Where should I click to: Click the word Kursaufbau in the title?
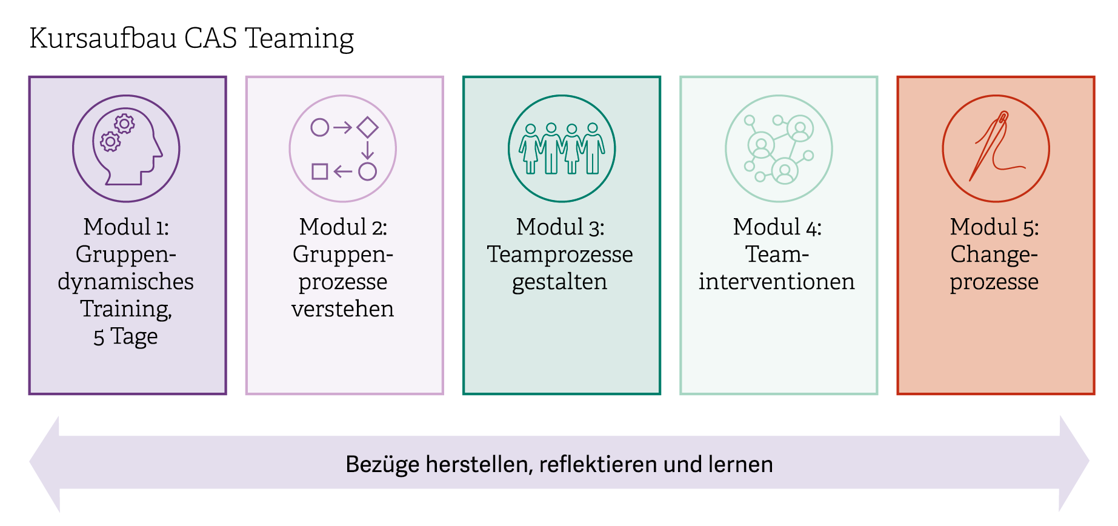[x=102, y=38]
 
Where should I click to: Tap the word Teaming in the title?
[x=299, y=39]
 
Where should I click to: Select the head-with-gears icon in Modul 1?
[x=126, y=148]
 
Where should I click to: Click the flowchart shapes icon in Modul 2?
[x=343, y=148]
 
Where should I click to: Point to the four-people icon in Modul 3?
[x=562, y=148]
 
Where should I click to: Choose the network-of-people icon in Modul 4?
[x=779, y=148]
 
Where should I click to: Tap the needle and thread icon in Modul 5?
[x=996, y=148]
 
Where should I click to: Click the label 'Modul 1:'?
[x=126, y=227]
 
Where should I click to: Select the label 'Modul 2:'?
[x=343, y=227]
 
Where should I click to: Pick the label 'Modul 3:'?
[x=561, y=227]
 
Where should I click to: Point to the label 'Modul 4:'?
[x=777, y=227]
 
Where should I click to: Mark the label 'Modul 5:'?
[x=994, y=227]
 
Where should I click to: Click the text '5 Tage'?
[x=125, y=336]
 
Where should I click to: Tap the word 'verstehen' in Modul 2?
[x=342, y=309]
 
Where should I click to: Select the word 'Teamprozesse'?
[x=560, y=255]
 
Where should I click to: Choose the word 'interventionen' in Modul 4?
[x=777, y=282]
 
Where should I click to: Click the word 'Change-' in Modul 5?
[x=994, y=255]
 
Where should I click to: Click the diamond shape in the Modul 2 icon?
[x=367, y=127]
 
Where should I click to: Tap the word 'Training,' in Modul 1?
[x=126, y=309]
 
